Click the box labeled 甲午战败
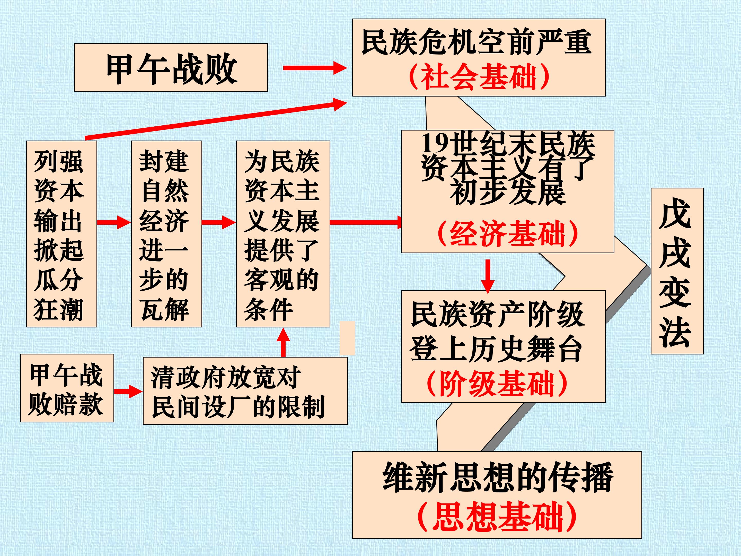point(171,67)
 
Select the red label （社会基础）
point(479,77)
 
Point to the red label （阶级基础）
point(497,383)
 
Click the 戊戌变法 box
point(677,271)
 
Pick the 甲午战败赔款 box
point(67,388)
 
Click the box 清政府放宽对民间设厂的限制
point(245,391)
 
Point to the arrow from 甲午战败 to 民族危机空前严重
point(315,68)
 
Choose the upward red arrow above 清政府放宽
point(283,342)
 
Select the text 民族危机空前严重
point(476,42)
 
